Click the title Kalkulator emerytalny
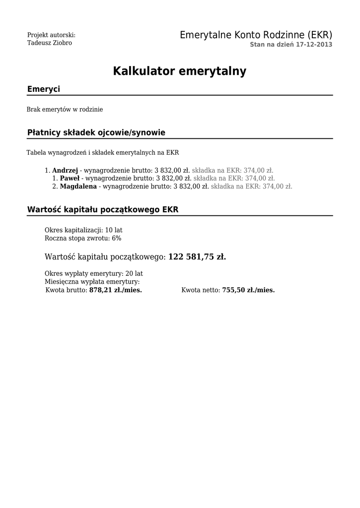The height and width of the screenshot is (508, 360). click(x=179, y=71)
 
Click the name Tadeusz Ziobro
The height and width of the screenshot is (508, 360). click(x=50, y=43)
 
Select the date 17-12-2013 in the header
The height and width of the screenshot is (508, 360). click(x=314, y=45)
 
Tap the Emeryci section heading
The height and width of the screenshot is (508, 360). click(x=44, y=89)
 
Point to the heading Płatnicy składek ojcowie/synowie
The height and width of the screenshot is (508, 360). click(x=96, y=132)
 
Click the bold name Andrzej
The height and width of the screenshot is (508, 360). click(x=65, y=170)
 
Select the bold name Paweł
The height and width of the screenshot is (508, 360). click(x=69, y=178)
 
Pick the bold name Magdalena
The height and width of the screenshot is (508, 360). click(x=78, y=187)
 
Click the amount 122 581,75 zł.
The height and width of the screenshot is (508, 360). click(x=197, y=257)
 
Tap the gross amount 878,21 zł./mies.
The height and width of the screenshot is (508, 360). click(x=115, y=290)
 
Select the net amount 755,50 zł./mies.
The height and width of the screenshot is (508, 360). click(x=248, y=290)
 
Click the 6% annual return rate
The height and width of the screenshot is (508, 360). click(x=116, y=238)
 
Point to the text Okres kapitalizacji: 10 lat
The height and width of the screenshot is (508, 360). click(x=83, y=230)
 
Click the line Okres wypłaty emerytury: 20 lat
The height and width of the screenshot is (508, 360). click(x=93, y=273)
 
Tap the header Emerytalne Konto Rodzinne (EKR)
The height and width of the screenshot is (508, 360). click(x=256, y=35)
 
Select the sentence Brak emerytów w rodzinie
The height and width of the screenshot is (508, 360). click(x=65, y=109)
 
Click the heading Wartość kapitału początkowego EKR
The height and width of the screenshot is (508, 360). click(x=102, y=209)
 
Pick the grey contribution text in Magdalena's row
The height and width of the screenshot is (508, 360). click(x=252, y=187)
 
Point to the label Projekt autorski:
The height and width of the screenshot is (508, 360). click(x=51, y=35)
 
